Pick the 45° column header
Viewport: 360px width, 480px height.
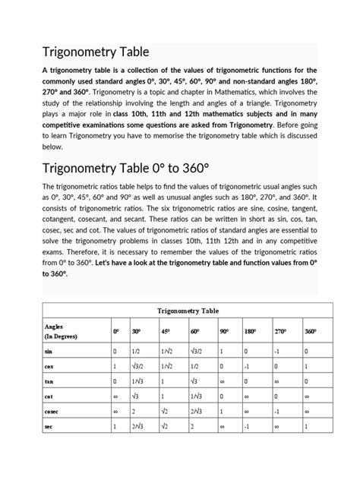165,332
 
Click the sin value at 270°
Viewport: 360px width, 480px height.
278,352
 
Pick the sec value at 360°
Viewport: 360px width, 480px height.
306,425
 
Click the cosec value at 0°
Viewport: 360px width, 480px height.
115,410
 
